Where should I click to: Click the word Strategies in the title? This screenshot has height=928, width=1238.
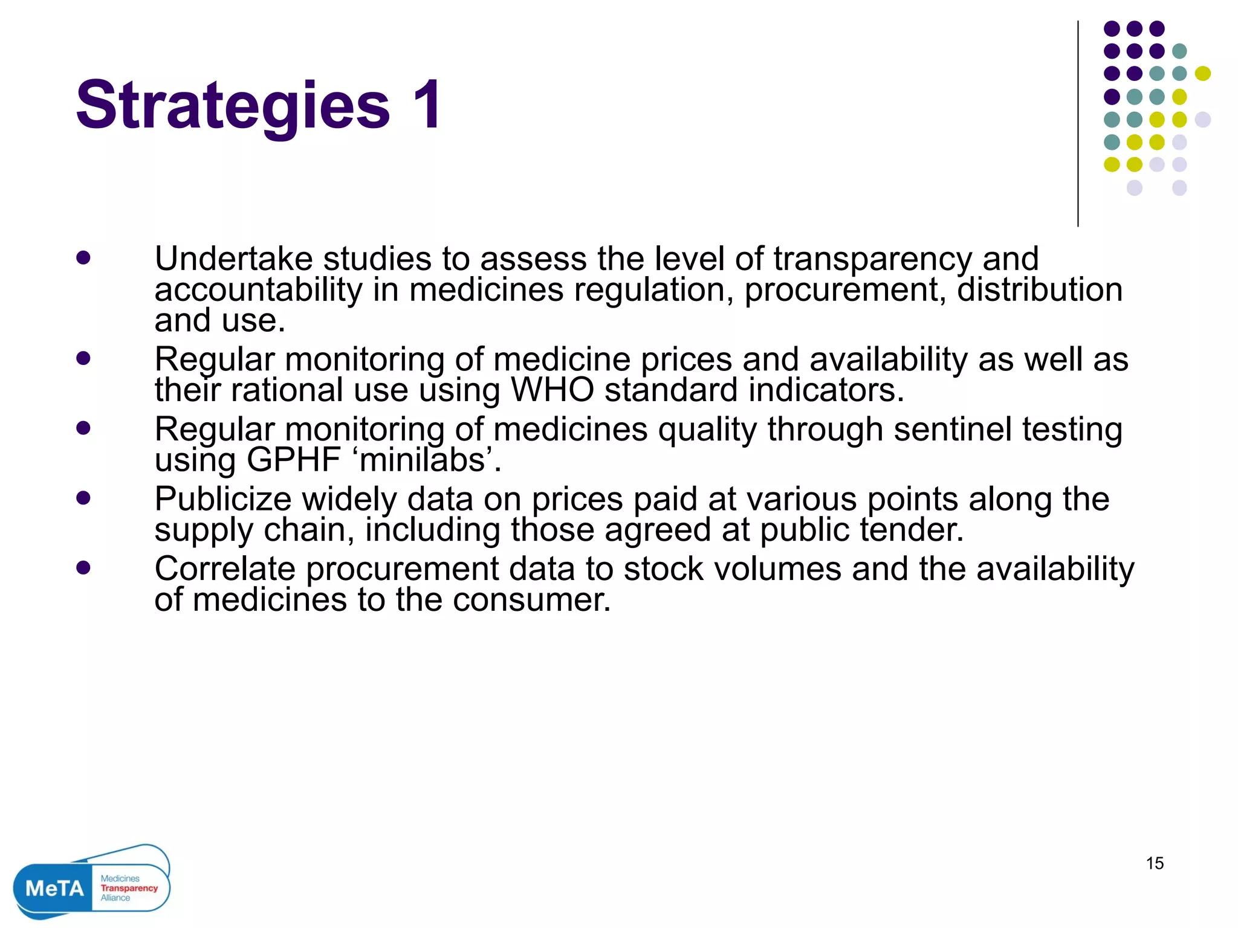pos(233,106)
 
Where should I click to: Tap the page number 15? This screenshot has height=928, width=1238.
pos(1155,863)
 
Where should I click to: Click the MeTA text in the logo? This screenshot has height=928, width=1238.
pos(54,888)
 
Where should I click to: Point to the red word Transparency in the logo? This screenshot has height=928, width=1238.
pos(129,888)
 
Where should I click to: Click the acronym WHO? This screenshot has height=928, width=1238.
pos(552,390)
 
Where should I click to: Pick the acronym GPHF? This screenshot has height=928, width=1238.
pos(294,460)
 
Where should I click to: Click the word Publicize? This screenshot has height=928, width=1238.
pos(223,500)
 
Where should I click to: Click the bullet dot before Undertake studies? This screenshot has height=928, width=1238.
pos(83,259)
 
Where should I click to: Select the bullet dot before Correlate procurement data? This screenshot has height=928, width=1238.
pos(83,568)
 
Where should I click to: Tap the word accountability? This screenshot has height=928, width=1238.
pos(258,289)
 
